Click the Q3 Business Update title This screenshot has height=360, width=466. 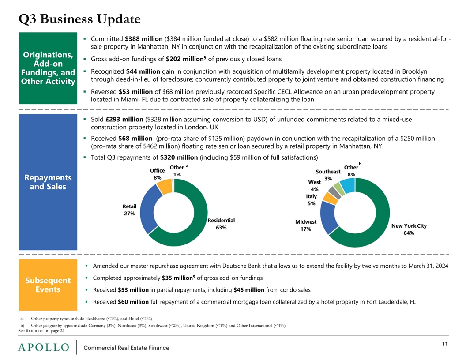point(79,19)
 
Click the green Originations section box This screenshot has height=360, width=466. point(48,68)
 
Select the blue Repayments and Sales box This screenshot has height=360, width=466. point(48,182)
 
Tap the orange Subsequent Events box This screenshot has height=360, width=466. point(48,285)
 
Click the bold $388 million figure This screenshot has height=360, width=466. point(143,39)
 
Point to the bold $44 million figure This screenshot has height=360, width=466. point(143,71)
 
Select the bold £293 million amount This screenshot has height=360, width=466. point(124,120)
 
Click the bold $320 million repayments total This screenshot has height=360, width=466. point(179,157)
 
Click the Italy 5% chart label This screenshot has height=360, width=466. point(312,200)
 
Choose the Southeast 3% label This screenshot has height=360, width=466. point(328,175)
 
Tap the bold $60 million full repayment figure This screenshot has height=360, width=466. point(133,302)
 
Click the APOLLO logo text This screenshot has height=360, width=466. point(44,347)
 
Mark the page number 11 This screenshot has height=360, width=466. point(445,344)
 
